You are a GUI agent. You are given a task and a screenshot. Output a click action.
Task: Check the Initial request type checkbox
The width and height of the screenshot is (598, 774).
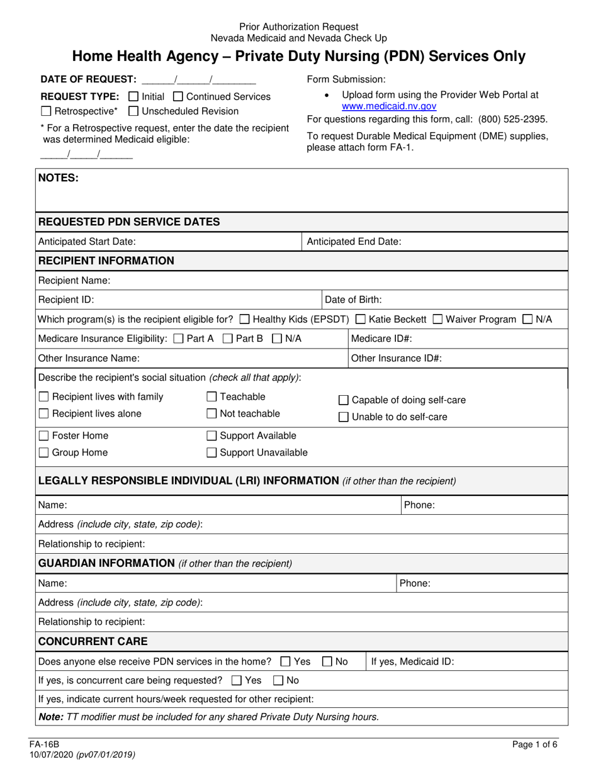coord(133,97)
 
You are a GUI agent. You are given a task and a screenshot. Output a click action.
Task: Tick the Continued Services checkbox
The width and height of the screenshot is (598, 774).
coord(178,97)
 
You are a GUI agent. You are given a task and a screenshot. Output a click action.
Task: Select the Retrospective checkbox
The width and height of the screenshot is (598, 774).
coord(46,112)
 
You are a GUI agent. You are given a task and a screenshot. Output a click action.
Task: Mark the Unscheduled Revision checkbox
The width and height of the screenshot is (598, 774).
coord(133,112)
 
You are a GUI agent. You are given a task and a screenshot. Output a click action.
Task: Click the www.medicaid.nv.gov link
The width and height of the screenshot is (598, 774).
coord(388,107)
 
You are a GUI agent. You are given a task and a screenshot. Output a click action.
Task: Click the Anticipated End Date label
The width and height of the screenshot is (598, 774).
coord(354,242)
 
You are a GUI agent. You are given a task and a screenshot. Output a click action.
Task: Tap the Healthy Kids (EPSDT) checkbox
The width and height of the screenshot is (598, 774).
coord(245,320)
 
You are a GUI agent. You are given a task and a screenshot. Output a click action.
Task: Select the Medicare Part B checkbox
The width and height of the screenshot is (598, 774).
coord(228,339)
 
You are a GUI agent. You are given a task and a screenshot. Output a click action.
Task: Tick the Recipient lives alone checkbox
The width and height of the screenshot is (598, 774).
coord(44,414)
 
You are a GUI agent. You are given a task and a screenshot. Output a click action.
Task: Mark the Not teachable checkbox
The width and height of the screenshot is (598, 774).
coord(212,414)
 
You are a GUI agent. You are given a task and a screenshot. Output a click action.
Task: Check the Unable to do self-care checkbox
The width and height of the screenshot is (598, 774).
coord(344,417)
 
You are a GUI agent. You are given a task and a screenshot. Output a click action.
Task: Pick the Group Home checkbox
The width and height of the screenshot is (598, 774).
coord(44,452)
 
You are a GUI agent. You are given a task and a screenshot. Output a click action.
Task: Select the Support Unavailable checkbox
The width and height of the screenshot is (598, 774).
coord(212,452)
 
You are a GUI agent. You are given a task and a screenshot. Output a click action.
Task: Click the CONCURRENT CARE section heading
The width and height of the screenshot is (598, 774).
coord(93,642)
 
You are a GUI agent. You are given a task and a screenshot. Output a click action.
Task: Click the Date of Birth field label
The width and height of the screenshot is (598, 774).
coord(353,300)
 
